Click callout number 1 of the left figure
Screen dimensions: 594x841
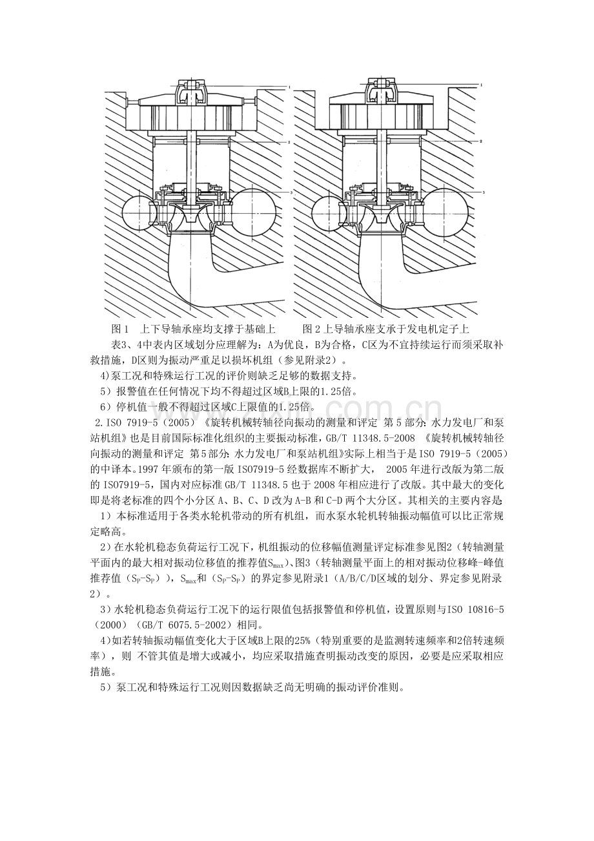point(290,87)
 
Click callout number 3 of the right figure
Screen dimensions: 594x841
point(484,192)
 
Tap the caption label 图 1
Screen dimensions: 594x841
point(120,329)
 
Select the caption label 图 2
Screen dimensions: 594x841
point(311,329)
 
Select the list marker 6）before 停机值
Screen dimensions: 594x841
point(106,406)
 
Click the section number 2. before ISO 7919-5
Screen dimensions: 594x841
point(99,422)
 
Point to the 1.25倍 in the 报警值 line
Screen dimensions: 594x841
point(334,391)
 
